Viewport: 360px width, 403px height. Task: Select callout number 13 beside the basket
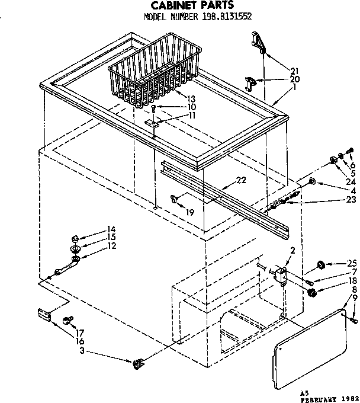tap(191, 98)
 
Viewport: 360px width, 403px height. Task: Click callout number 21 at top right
tap(295, 72)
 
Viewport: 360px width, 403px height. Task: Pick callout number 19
tap(189, 210)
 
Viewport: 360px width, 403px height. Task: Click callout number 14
tap(111, 230)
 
